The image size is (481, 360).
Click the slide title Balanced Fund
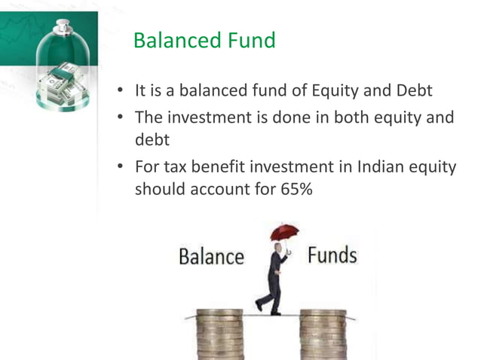pos(204,40)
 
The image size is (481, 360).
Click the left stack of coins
pos(219,334)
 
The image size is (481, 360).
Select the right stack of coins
pos(323,334)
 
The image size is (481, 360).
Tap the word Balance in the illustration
pos(211,257)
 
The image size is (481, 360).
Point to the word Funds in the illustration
pos(332,255)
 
